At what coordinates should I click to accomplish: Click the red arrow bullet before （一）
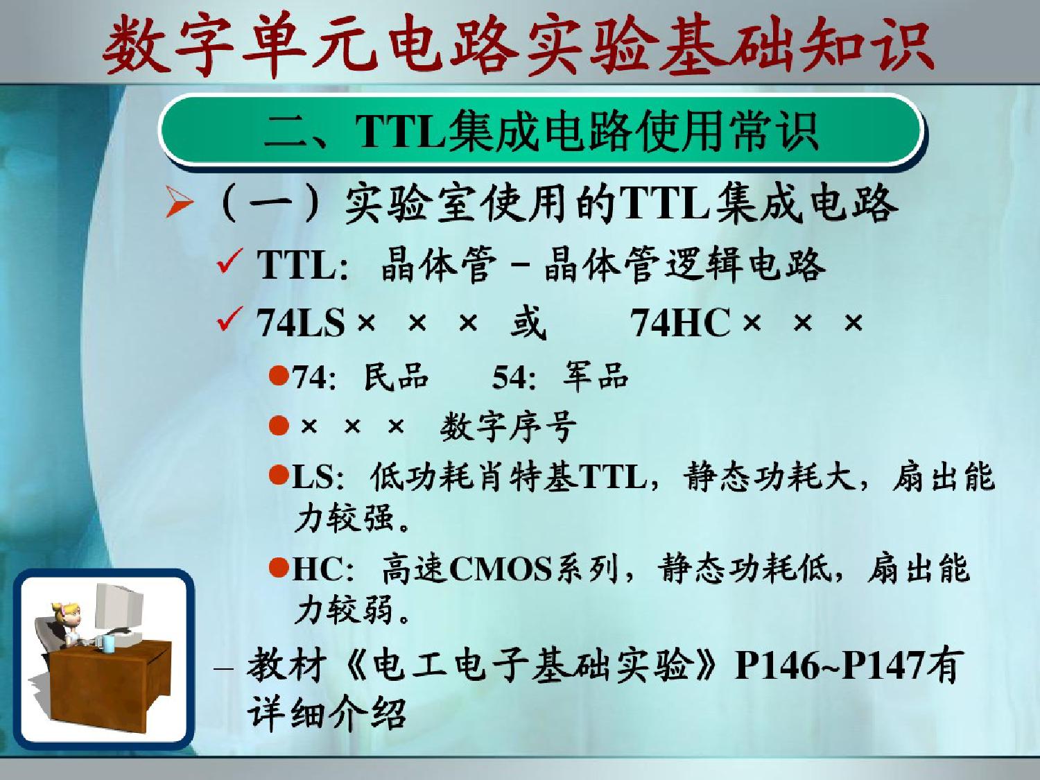click(180, 202)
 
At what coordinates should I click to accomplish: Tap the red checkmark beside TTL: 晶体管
click(230, 261)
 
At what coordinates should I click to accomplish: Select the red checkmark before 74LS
click(230, 319)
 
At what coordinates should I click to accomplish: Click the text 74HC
click(681, 322)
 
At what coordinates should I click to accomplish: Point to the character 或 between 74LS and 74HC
click(528, 322)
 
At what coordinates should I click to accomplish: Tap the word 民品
click(396, 377)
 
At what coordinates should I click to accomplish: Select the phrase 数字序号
click(508, 426)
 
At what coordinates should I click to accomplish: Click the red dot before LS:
click(279, 475)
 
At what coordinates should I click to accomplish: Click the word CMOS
click(501, 569)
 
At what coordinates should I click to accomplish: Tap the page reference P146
click(777, 666)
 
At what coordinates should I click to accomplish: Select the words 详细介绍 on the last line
click(327, 713)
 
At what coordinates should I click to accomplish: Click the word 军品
click(596, 377)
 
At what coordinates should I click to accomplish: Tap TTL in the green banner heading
click(400, 131)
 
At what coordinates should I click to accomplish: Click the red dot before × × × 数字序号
click(279, 426)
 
